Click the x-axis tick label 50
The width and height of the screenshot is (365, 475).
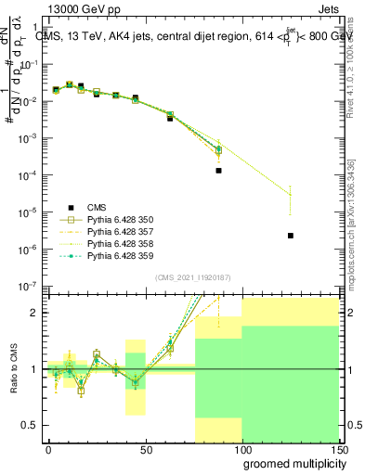[x=145, y=448]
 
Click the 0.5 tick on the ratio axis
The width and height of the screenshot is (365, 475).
[x=32, y=425]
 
